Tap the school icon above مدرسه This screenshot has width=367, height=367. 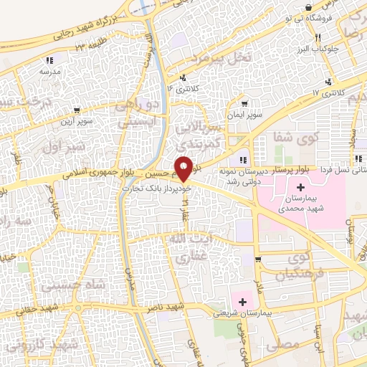(x=48, y=62)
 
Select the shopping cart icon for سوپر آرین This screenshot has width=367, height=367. (x=77, y=111)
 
